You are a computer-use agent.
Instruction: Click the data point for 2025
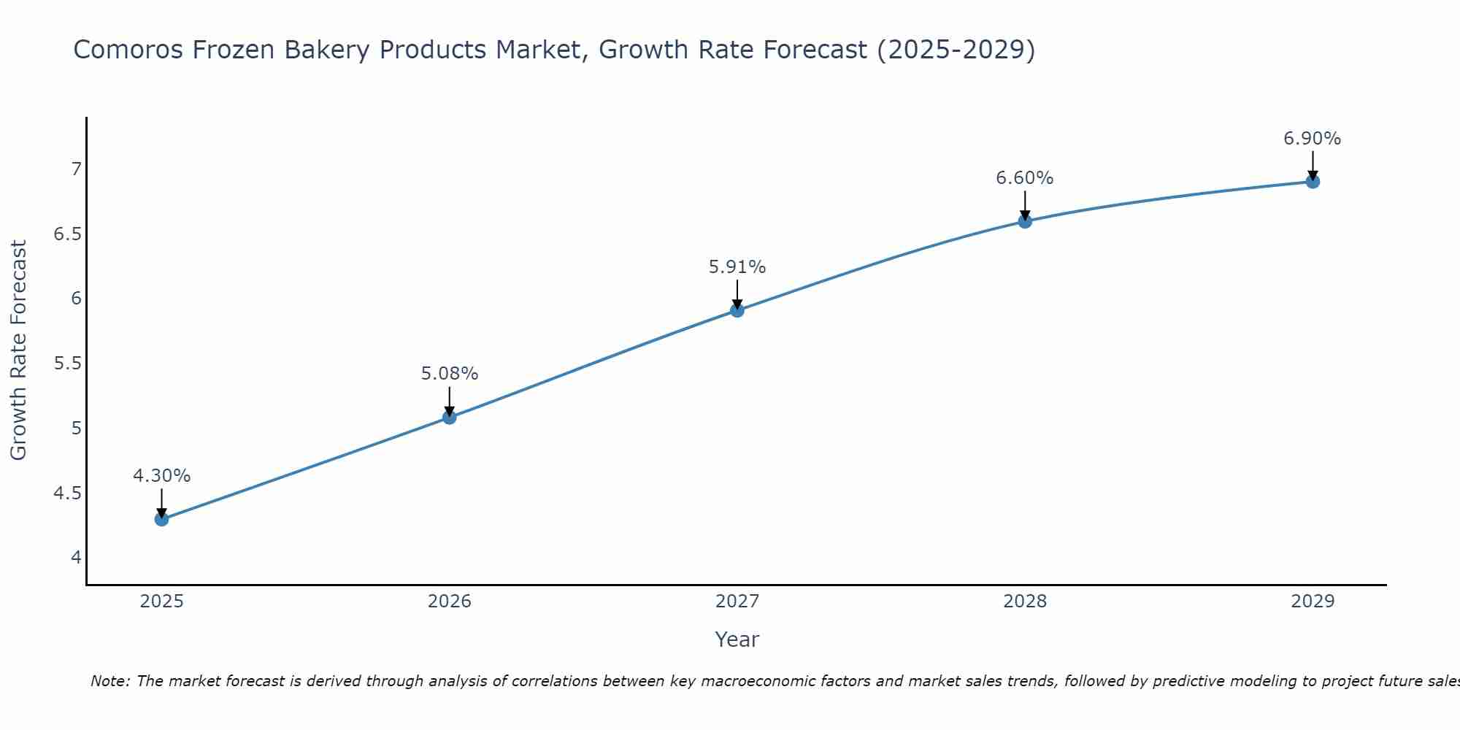(161, 519)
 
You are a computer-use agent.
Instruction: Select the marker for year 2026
(449, 418)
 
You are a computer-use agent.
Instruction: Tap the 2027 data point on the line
(737, 310)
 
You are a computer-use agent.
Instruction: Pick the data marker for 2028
(1024, 221)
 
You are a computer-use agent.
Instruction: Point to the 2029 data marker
(1312, 182)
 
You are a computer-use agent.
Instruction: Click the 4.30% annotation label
(161, 476)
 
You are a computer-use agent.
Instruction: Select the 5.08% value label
(449, 374)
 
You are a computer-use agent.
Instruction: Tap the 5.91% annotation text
(737, 267)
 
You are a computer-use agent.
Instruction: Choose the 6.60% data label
(1024, 178)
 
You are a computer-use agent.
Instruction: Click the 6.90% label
(1312, 139)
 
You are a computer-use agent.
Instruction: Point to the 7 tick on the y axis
(75, 169)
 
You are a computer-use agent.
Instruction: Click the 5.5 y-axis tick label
(67, 364)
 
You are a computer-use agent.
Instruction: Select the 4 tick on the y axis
(75, 558)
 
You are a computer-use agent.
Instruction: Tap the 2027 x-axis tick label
(737, 602)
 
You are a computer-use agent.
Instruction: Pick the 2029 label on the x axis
(1312, 602)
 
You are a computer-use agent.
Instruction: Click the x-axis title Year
(737, 639)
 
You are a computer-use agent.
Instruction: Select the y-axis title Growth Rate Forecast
(19, 350)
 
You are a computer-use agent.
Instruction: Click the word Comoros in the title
(128, 50)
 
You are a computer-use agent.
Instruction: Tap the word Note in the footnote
(109, 681)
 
